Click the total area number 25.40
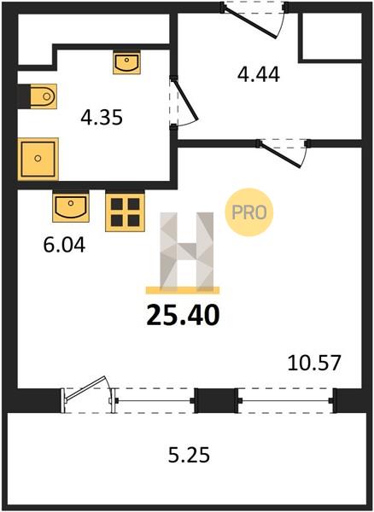click(x=183, y=315)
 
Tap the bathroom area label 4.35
click(x=102, y=118)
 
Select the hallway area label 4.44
click(x=259, y=74)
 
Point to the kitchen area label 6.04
click(x=64, y=245)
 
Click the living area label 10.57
click(x=314, y=364)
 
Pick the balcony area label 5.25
click(x=189, y=455)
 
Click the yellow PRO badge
click(x=248, y=212)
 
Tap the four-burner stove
click(x=126, y=212)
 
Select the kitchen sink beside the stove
click(x=71, y=207)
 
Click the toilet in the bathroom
click(x=44, y=96)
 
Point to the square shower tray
click(x=38, y=159)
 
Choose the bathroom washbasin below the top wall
click(x=127, y=62)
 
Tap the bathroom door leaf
click(x=185, y=99)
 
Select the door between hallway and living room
click(x=281, y=154)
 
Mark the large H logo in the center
click(x=186, y=251)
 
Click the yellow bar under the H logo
click(x=183, y=290)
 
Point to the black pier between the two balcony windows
click(x=216, y=400)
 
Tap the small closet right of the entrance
click(x=331, y=36)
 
